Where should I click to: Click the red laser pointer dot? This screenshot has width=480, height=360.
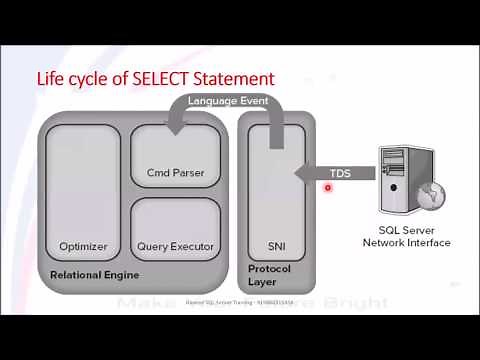coord(330,186)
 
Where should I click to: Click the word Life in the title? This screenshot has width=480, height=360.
coord(50,77)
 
